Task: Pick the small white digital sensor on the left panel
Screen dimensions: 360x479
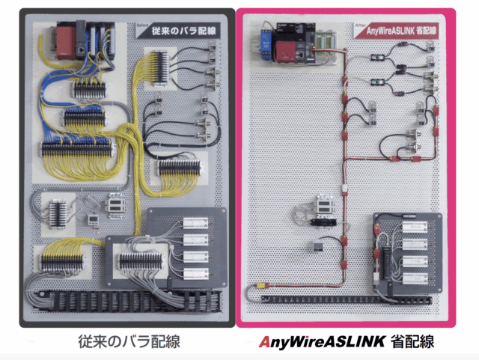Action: pyautogui.click(x=93, y=219)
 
